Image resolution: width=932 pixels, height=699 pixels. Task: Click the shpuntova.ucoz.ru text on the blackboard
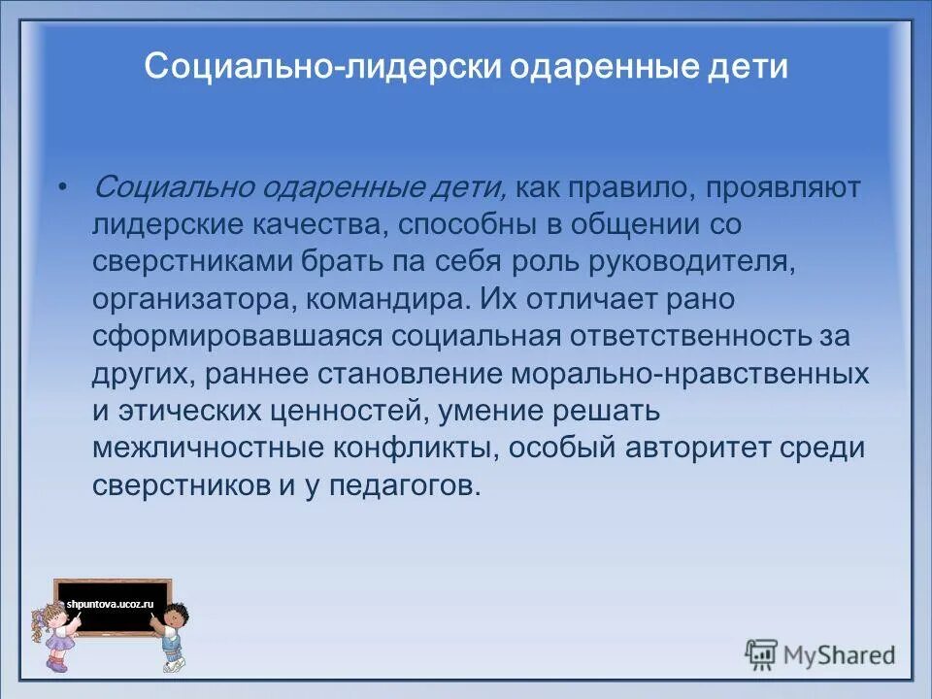point(111,604)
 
